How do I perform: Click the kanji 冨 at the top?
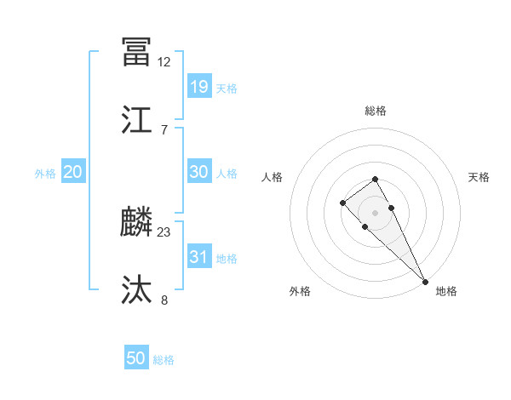[x=136, y=52]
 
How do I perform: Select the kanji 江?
[x=136, y=120]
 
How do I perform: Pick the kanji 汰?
[x=136, y=290]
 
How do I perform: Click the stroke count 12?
[x=164, y=61]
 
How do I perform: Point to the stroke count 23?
[x=164, y=231]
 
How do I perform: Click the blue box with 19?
[x=198, y=86]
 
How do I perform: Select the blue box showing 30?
[x=198, y=172]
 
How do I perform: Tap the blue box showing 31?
[x=198, y=257]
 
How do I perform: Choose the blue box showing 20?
[x=73, y=172]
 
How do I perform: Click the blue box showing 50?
[x=136, y=358]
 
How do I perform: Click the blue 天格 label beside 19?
[x=227, y=88]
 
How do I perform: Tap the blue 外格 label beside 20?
[x=45, y=174]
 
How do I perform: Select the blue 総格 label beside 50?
[x=164, y=360]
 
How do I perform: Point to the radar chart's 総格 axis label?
[x=376, y=111]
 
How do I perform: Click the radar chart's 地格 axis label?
[x=446, y=291]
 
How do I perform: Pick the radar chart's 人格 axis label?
[x=272, y=177]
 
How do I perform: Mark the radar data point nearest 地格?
[x=425, y=281]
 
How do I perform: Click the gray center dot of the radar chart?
[x=376, y=212]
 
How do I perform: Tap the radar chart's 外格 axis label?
[x=300, y=291]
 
